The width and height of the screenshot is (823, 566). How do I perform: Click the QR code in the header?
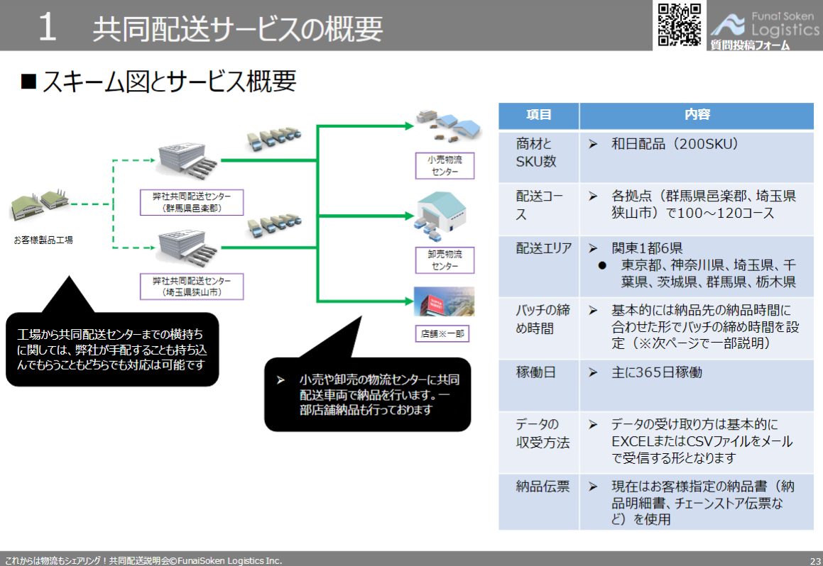[x=680, y=25]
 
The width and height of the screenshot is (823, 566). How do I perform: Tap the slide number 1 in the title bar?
[x=47, y=28]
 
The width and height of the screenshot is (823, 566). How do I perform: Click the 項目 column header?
[x=538, y=115]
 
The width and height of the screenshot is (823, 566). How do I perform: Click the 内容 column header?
[x=697, y=115]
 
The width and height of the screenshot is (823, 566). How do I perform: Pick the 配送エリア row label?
[x=538, y=248]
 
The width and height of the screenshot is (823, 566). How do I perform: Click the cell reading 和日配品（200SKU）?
[x=675, y=144]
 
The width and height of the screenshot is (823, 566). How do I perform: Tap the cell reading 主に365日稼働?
[x=656, y=372]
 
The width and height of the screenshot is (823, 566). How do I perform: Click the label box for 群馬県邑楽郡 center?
[x=192, y=203]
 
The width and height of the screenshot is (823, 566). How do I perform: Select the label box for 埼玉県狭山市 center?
[x=192, y=287]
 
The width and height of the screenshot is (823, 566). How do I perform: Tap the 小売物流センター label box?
[x=444, y=166]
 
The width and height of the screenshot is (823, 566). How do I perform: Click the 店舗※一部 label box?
[x=443, y=333]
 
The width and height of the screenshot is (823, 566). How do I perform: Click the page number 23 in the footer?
[x=814, y=560]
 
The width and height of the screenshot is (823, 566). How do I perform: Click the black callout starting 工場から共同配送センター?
[x=112, y=349]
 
